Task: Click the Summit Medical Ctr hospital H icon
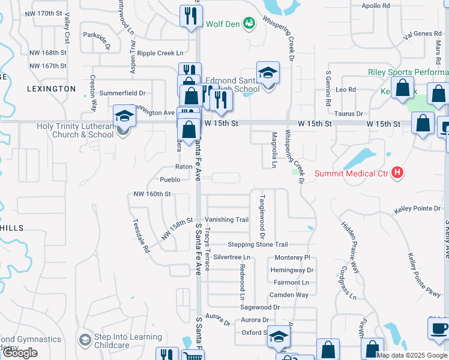(396, 173)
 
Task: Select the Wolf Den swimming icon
(249, 23)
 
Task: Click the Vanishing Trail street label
(226, 220)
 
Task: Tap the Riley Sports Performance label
(408, 72)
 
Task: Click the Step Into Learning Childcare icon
(85, 340)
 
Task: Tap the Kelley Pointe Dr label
(417, 208)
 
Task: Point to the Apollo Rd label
(376, 5)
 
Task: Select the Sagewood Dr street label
(260, 307)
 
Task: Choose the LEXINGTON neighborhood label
(52, 89)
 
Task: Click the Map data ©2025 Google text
(412, 355)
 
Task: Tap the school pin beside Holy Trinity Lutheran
(124, 116)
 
